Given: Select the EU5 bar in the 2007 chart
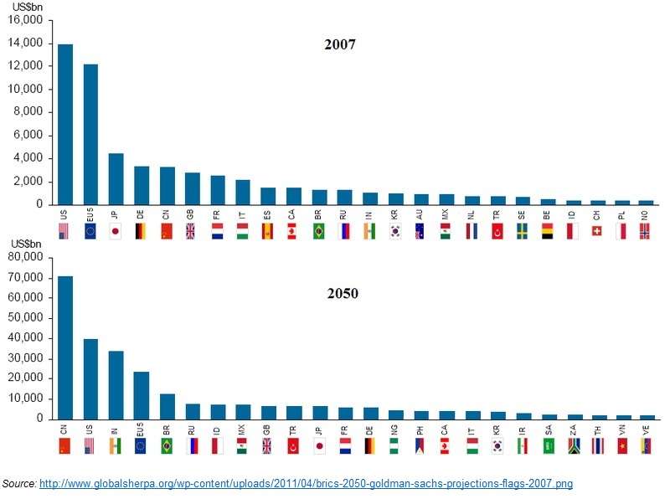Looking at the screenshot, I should (x=90, y=134).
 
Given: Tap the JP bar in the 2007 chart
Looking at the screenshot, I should (x=116, y=178).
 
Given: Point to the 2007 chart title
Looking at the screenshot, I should (x=340, y=44).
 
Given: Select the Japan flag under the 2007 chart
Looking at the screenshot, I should (x=116, y=231).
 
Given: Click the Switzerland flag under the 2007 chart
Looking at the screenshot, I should (x=597, y=231).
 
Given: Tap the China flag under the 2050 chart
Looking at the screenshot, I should (x=64, y=446).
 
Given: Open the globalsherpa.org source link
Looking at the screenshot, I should (x=306, y=484).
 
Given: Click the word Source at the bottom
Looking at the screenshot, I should (x=18, y=484).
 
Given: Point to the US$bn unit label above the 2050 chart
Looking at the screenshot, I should (x=25, y=243).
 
